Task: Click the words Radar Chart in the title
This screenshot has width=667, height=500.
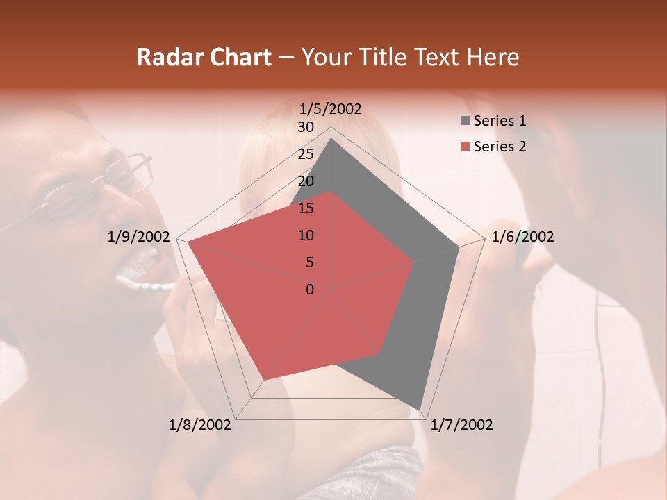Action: tap(204, 57)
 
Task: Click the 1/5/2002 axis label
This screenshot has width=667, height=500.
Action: tap(331, 109)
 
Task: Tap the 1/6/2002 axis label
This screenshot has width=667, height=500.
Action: tap(522, 237)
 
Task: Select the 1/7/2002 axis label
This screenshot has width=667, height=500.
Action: tap(461, 424)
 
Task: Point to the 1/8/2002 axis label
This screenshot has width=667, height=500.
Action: tap(200, 424)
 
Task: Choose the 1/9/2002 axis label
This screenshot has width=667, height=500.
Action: tap(139, 237)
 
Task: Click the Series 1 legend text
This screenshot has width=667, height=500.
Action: tap(500, 121)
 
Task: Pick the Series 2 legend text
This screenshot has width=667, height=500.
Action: tap(500, 147)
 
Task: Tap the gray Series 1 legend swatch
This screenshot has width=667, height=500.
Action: tap(464, 122)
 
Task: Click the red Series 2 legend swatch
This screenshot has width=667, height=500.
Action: tap(464, 147)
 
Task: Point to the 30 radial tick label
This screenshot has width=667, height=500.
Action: tap(305, 127)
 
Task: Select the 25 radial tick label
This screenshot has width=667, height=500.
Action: tap(305, 154)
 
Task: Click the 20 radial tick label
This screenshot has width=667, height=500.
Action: tap(305, 181)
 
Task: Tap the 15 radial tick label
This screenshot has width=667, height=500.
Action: tap(305, 208)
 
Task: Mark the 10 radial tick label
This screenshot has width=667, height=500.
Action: tap(305, 235)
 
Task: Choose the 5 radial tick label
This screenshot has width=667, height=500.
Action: tap(309, 262)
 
